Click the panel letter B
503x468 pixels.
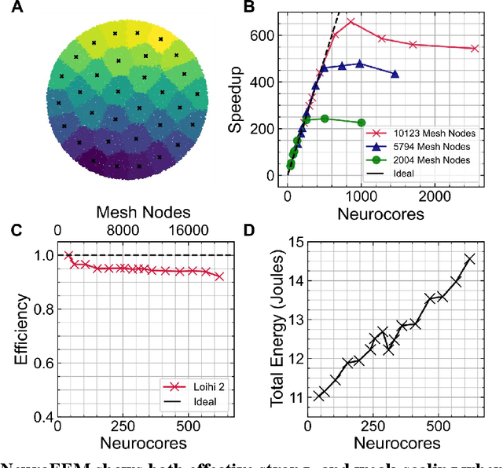pyautogui.click(x=249, y=8)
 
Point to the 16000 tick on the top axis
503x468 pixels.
pyautogui.click(x=192, y=230)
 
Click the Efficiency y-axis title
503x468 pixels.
pyautogui.click(x=24, y=329)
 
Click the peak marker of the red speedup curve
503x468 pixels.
pyautogui.click(x=351, y=22)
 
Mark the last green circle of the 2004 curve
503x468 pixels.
pyautogui.click(x=362, y=122)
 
